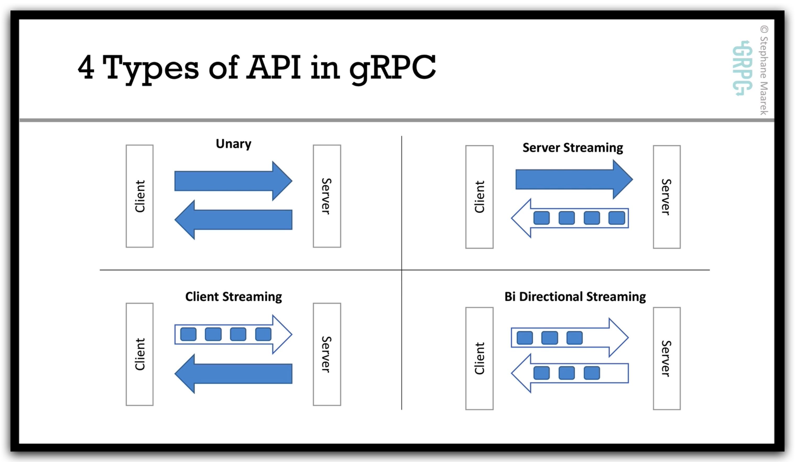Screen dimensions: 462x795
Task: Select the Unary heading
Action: (233, 144)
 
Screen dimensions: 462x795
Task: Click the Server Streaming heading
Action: (573, 148)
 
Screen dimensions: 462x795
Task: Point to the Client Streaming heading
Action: (233, 297)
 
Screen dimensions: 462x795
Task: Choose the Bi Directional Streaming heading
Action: (575, 297)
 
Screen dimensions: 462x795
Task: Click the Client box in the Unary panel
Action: (139, 196)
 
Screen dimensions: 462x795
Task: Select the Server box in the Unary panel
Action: (327, 196)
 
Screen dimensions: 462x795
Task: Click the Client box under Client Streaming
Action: (139, 354)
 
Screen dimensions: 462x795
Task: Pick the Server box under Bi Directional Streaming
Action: (667, 358)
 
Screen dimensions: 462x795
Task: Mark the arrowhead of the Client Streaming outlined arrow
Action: (282, 334)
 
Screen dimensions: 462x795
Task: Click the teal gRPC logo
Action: (742, 68)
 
